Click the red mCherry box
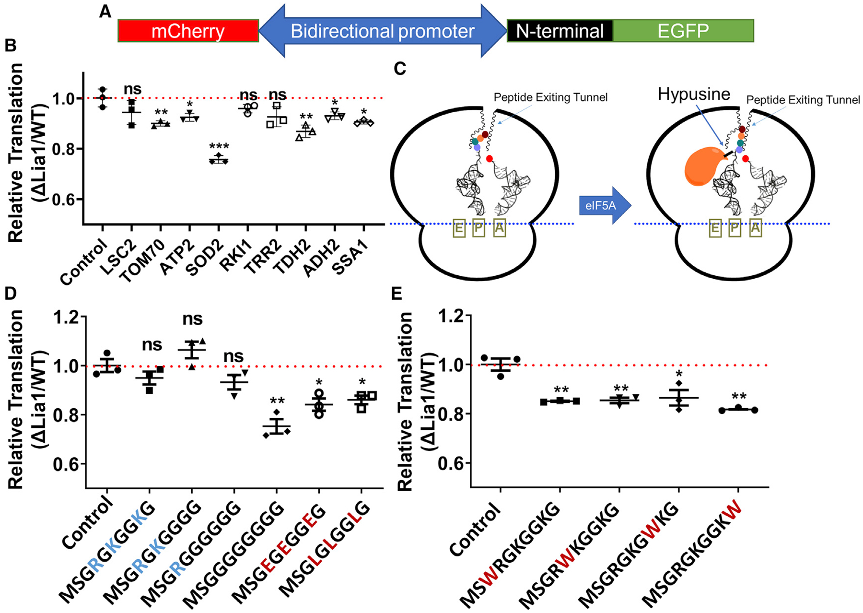pyautogui.click(x=188, y=31)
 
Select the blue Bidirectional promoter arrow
pyautogui.click(x=382, y=31)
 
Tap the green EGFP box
pyautogui.click(x=683, y=31)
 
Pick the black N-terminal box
pyautogui.click(x=560, y=31)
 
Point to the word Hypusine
pyautogui.click(x=693, y=94)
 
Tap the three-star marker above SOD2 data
pyautogui.click(x=219, y=146)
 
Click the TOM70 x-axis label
pyautogui.click(x=142, y=261)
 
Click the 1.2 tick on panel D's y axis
pyautogui.click(x=67, y=317)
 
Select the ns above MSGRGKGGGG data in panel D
pyautogui.click(x=192, y=319)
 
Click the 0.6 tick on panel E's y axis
pyautogui.click(x=452, y=464)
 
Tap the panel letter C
pyautogui.click(x=399, y=69)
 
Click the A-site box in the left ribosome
pyautogui.click(x=499, y=229)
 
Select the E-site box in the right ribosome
pyautogui.click(x=715, y=229)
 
